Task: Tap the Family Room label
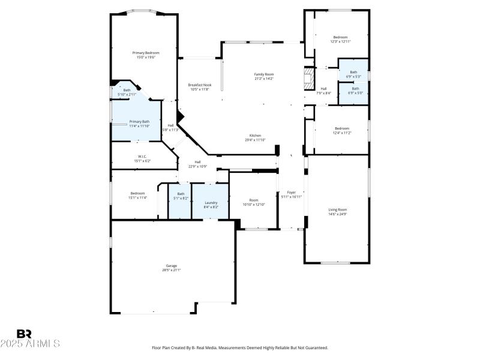point(263,76)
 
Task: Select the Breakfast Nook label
point(198,87)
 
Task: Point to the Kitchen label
point(255,137)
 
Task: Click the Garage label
point(172,268)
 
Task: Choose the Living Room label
point(337,211)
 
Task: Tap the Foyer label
point(292,194)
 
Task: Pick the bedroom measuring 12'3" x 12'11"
point(340,39)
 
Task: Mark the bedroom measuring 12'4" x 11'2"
point(341,130)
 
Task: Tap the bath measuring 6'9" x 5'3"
point(353,74)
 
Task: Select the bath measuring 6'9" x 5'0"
point(353,91)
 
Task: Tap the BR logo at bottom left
point(24,334)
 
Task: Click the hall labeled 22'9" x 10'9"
point(197,164)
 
